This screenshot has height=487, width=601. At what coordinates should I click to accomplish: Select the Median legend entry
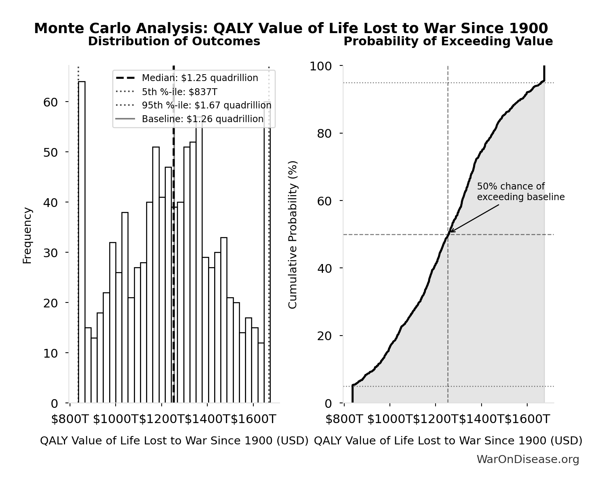(x=200, y=78)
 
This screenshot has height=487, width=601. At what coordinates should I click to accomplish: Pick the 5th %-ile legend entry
(x=180, y=92)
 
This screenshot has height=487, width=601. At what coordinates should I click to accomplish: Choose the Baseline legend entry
(x=202, y=119)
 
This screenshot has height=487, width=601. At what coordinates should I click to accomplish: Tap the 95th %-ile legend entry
(x=207, y=105)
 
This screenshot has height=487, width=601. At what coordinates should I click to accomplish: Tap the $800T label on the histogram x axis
(x=70, y=419)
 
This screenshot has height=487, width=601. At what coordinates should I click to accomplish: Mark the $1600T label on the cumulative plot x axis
(x=527, y=419)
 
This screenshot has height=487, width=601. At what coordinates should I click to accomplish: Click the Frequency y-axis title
(x=27, y=235)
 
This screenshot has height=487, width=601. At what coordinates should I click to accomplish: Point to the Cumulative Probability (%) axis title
(x=293, y=235)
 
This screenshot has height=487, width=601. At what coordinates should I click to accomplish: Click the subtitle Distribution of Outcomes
(x=174, y=41)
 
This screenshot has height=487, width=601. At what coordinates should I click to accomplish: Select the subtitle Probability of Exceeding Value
(x=448, y=41)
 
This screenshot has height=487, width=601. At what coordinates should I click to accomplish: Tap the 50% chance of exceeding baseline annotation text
(x=520, y=192)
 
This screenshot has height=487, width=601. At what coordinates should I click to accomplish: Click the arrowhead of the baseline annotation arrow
(x=451, y=231)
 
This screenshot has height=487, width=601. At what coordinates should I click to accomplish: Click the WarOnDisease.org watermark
(x=528, y=460)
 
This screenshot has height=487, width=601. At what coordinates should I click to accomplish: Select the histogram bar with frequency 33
(x=224, y=320)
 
